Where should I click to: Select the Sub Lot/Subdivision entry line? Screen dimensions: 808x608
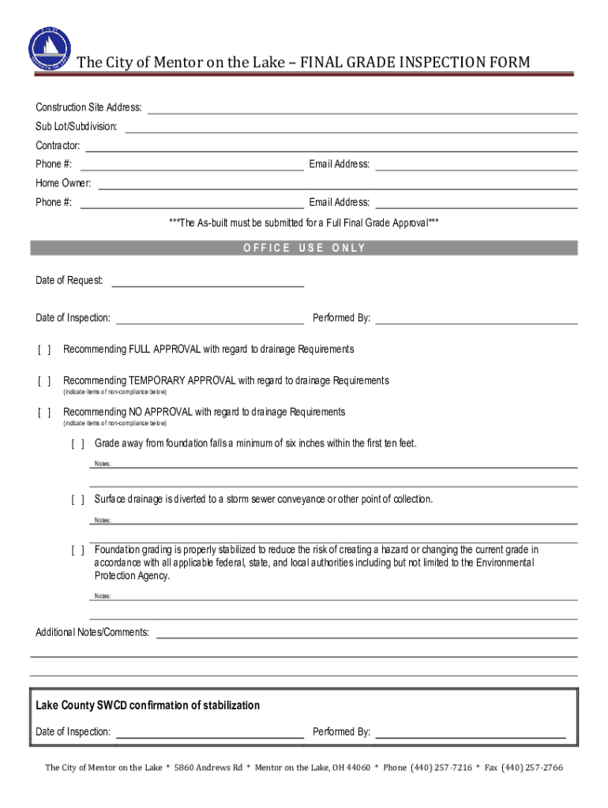pos(351,129)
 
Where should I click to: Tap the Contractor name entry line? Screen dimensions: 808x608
pos(331,148)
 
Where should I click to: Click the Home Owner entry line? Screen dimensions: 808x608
pos(337,185)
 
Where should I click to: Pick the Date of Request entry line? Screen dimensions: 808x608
pos(208,283)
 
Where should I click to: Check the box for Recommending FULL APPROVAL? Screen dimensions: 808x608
pos(44,350)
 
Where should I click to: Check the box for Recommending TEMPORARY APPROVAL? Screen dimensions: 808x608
pos(44,381)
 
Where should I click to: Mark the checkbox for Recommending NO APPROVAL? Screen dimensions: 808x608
pos(44,413)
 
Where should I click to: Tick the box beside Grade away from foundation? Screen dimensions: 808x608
pos(77,444)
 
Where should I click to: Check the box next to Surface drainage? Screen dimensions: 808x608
pos(77,500)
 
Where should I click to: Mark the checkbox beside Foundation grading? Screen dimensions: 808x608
pos(77,550)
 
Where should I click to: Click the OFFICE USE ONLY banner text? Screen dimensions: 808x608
pos(304,248)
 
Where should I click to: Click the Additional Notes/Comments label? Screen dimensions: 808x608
pos(92,633)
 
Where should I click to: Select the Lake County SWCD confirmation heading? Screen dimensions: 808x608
pos(148,705)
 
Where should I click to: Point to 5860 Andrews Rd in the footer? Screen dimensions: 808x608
pos(208,768)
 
